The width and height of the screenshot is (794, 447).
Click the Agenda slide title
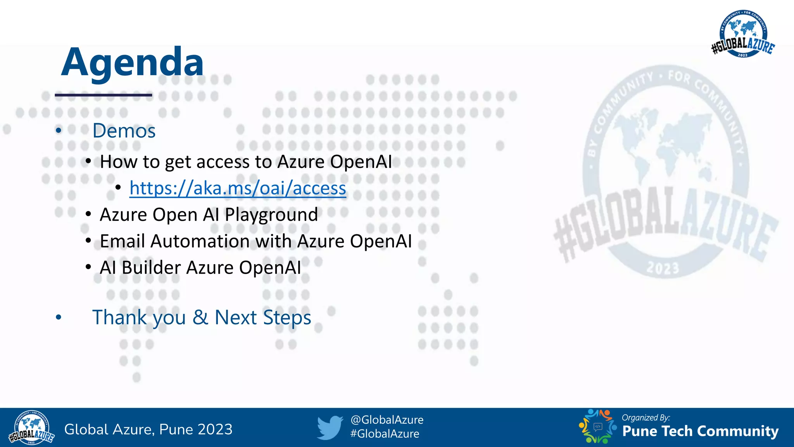132,62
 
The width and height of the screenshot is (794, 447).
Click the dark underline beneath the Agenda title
103,95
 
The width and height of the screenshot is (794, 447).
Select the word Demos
124,131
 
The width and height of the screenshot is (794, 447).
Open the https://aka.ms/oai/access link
238,189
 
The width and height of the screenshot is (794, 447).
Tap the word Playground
271,215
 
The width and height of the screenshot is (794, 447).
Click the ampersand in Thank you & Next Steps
200,317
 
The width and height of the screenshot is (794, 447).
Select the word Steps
287,318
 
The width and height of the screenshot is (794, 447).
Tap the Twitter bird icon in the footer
330,428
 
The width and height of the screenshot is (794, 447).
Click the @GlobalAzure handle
387,420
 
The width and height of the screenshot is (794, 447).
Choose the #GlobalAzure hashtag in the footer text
385,434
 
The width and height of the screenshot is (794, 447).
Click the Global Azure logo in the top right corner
743,34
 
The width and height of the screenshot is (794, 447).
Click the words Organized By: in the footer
646,418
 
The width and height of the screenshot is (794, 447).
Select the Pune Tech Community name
700,431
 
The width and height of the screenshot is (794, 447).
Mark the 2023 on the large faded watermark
663,268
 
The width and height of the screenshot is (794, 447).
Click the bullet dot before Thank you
59,317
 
